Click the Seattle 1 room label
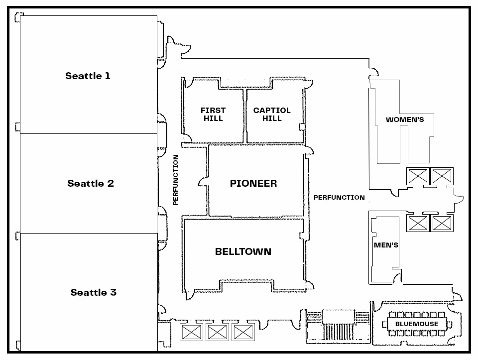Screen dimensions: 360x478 88,76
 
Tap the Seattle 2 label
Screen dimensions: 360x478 91,183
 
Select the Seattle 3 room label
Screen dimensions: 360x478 94,292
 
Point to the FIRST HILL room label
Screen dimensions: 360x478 213,114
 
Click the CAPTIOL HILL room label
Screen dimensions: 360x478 272,114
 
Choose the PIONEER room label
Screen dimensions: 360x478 253,183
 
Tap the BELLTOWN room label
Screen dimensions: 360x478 243,251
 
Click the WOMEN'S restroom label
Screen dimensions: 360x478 405,120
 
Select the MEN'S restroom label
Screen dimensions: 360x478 386,245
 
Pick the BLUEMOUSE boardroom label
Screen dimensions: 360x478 417,324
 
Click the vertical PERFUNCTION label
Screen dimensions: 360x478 175,180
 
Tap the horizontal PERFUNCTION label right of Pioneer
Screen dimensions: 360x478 339,198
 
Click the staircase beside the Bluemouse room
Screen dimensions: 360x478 338,326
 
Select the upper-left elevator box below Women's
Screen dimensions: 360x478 418,176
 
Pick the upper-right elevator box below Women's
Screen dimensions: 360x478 442,176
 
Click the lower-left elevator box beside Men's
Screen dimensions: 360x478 418,223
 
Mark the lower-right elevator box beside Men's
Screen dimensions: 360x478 442,223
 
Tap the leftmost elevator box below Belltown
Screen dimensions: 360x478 192,332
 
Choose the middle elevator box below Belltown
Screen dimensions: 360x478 218,332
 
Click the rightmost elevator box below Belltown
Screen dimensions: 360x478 243,332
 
